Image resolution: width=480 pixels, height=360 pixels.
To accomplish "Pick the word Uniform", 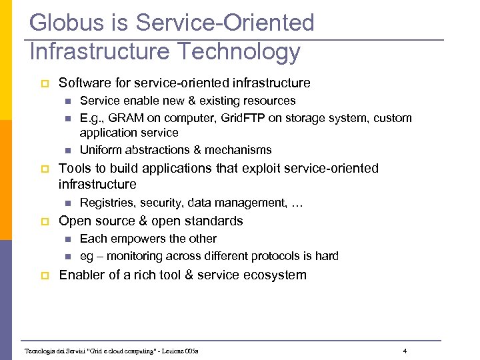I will (100, 150).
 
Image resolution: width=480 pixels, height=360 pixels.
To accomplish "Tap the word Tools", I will (74, 169).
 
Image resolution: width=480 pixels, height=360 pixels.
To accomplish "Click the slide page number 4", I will (405, 351).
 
